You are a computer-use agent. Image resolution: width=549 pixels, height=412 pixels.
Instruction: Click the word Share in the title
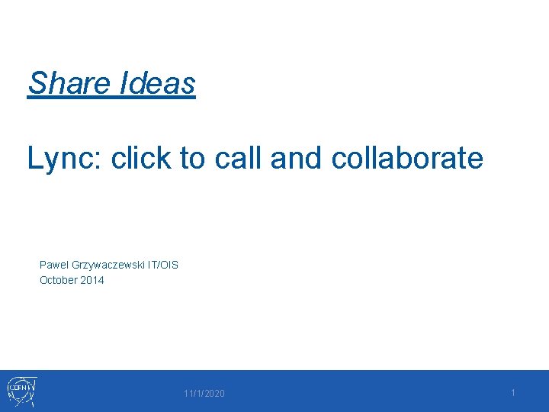(x=69, y=83)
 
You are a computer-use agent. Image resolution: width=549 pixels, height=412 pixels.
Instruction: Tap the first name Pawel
(x=53, y=265)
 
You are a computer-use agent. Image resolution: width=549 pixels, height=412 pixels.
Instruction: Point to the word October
(x=59, y=280)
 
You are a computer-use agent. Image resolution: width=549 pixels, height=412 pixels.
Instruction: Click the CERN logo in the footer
(x=23, y=391)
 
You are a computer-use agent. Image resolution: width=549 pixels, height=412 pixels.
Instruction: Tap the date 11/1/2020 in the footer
(x=204, y=394)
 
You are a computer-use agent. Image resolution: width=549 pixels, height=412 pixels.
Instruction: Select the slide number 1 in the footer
(x=513, y=392)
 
